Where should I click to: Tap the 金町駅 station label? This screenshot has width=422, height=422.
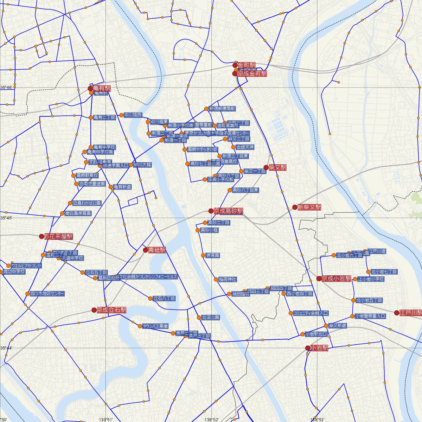247,65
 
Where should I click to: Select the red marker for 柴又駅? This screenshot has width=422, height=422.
266,168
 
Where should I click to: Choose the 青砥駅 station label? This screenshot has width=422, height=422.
157,250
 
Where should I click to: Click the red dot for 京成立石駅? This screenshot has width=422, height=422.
94,310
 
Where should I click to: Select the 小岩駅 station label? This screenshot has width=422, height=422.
319,348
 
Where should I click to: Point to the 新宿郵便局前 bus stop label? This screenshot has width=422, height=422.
222,109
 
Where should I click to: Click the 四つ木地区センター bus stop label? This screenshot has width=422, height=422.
47,294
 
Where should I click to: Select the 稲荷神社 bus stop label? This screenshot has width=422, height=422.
228,280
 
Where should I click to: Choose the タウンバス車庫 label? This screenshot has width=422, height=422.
155,326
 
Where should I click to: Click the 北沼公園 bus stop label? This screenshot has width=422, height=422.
211,317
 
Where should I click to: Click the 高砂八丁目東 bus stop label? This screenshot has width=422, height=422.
245,190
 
